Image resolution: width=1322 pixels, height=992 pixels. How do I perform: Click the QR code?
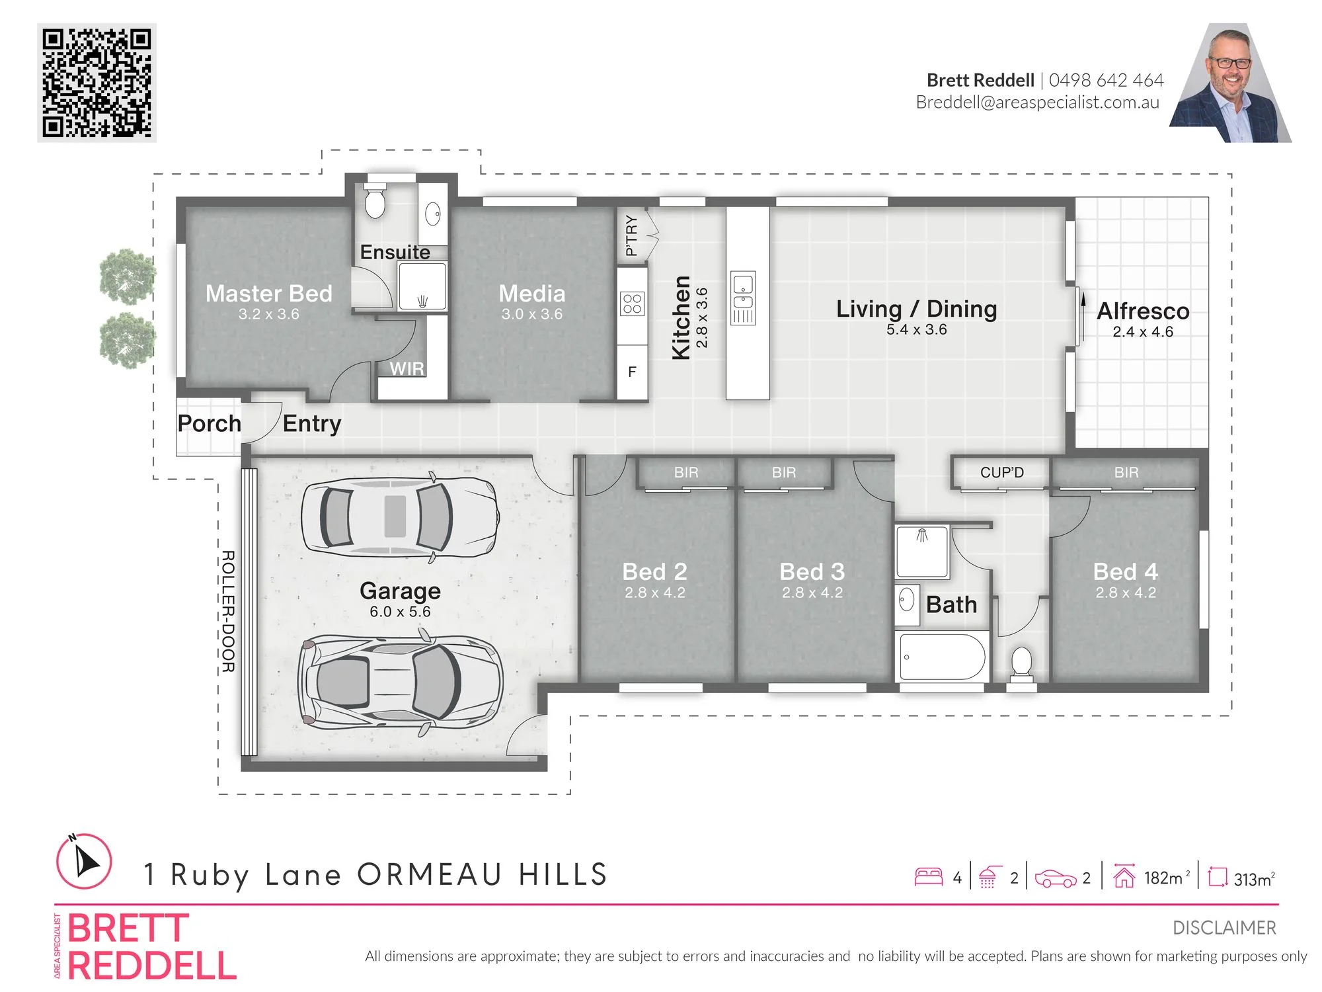click(x=97, y=83)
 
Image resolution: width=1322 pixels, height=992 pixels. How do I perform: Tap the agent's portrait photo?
click(x=1231, y=83)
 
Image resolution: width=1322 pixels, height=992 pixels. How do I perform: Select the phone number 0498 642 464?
click(x=1106, y=80)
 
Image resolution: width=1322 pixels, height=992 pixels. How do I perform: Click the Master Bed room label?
click(x=269, y=294)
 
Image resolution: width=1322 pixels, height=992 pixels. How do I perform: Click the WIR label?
click(x=407, y=368)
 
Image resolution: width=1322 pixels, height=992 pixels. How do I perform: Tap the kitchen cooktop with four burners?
click(x=632, y=304)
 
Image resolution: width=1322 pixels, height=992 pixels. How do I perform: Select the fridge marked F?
click(x=632, y=372)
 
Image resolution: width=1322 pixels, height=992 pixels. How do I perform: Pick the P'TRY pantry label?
click(x=632, y=235)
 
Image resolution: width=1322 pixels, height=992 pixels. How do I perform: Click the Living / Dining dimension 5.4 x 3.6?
click(x=917, y=329)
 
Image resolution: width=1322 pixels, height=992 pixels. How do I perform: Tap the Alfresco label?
click(x=1143, y=311)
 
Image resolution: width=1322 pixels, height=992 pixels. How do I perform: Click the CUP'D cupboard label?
click(x=1002, y=472)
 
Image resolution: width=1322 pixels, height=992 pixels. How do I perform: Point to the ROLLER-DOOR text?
click(x=227, y=611)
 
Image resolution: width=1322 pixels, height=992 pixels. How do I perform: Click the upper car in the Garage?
click(x=400, y=517)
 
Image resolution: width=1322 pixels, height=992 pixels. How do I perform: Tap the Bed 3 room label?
click(x=812, y=571)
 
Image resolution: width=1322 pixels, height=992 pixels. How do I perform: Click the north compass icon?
click(x=83, y=861)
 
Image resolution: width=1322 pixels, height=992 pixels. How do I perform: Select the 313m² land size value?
click(x=1254, y=878)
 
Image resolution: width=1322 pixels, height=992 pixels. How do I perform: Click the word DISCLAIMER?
click(x=1225, y=928)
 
